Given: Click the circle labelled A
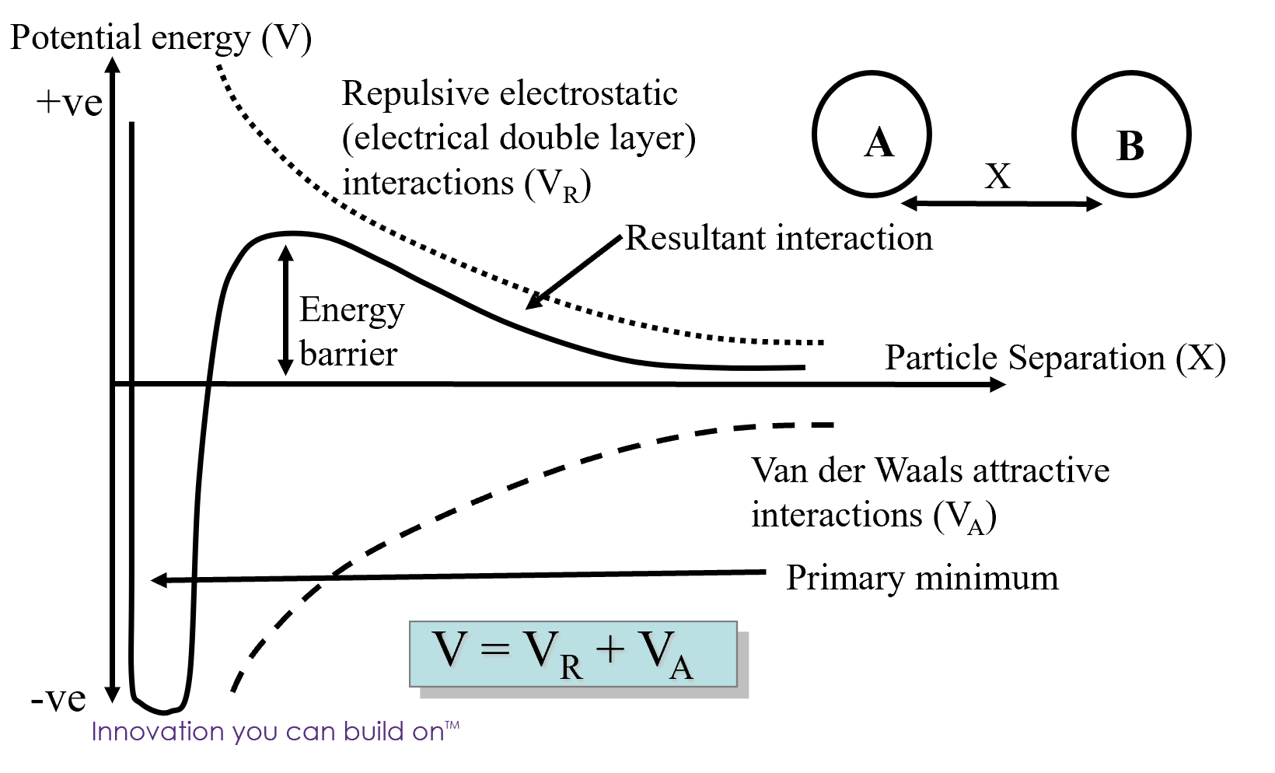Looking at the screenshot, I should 872,135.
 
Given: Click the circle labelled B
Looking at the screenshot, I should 1131,135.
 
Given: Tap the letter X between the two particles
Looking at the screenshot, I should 997,177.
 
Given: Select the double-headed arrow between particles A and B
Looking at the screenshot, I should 1001,205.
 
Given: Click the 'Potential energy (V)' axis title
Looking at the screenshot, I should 161,38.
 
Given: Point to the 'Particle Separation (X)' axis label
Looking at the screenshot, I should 1055,359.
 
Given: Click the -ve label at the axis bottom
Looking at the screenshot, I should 58,699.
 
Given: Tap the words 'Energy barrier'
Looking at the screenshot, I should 351,331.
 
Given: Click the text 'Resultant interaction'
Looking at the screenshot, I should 779,238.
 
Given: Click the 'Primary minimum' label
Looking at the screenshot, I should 922,579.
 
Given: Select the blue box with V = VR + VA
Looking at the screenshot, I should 573,654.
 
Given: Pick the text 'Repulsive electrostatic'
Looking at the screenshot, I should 510,94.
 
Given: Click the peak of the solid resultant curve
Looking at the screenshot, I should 292,233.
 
